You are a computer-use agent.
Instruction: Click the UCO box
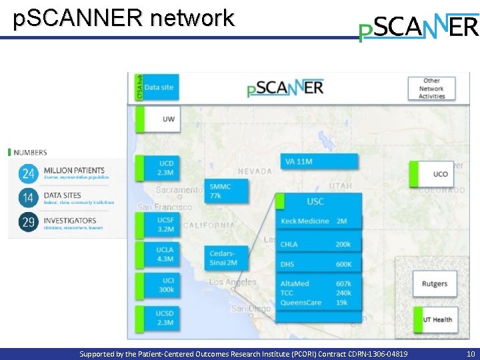pos(434,174)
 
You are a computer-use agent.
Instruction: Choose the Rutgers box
pos(435,284)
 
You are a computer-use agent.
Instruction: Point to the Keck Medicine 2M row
pos(318,221)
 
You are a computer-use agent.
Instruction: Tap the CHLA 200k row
pos(318,245)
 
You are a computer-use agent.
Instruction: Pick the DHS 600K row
pos(318,265)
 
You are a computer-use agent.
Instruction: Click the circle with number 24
pos(28,174)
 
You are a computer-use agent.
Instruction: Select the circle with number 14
pos(28,198)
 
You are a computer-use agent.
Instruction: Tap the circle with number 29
pos(28,223)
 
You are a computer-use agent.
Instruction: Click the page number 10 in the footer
pos(471,354)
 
